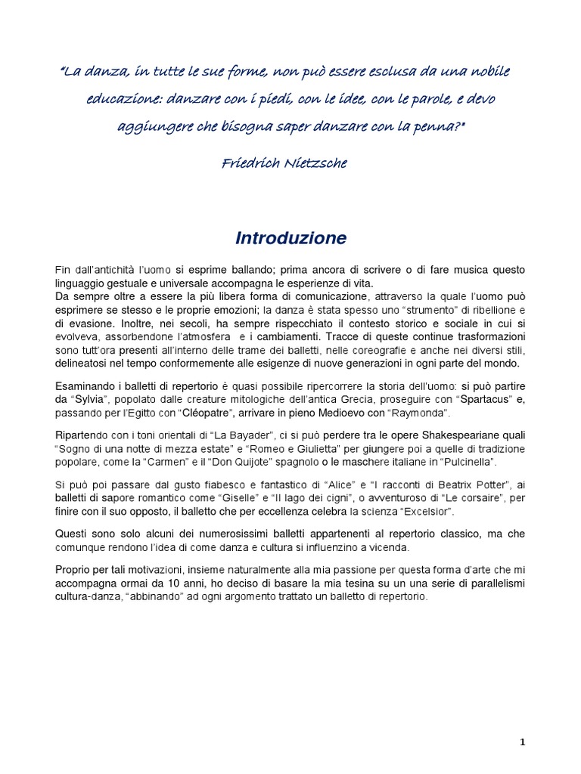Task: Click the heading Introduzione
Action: point(290,239)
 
